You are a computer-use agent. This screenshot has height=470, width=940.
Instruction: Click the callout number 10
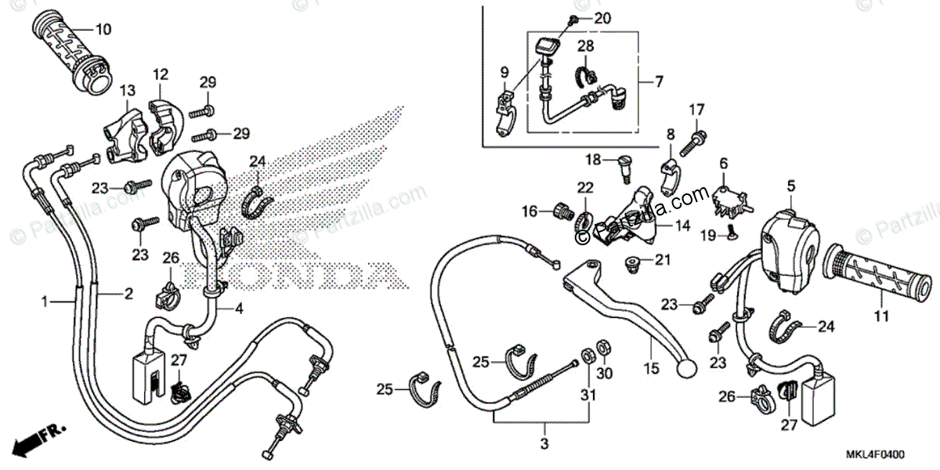click(x=103, y=30)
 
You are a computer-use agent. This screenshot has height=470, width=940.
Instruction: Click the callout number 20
click(x=602, y=17)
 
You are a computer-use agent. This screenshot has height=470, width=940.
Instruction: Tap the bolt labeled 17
click(x=696, y=141)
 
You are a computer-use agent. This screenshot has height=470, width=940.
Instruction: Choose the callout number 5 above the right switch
click(x=791, y=186)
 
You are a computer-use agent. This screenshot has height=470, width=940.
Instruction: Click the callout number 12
click(x=161, y=74)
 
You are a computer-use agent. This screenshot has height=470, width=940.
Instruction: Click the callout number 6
click(x=724, y=163)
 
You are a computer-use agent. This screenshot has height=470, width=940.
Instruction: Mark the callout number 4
click(x=238, y=309)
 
